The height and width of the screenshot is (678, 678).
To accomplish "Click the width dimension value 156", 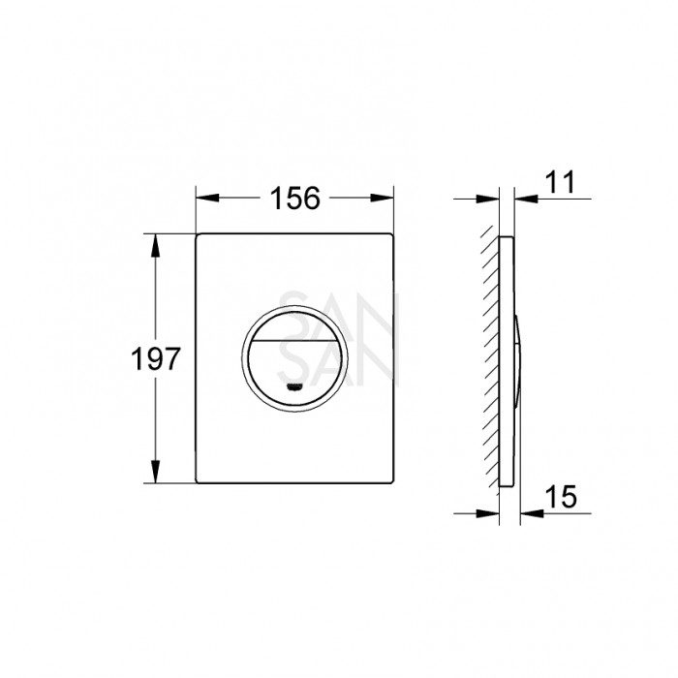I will [293, 198].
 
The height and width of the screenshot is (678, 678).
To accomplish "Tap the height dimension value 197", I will [156, 359].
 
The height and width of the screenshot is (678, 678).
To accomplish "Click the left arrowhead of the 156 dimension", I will [204, 199].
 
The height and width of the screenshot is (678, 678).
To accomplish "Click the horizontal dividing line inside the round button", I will [293, 346].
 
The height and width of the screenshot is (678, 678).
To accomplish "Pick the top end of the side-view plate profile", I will [507, 236].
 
